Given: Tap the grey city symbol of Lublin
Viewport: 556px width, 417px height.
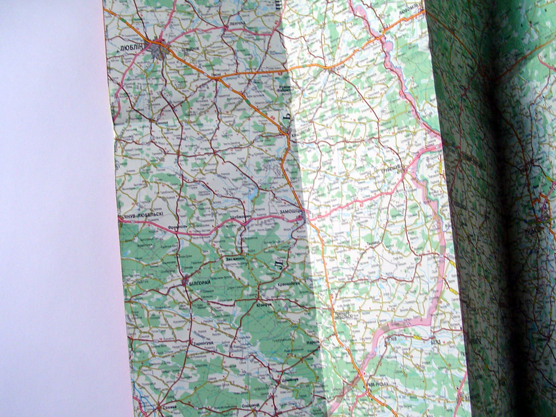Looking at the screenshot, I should point(160,50).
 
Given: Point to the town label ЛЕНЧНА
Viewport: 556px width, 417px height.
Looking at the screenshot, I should point(235,25).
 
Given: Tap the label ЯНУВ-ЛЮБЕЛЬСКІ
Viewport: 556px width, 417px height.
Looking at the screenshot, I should point(144,216).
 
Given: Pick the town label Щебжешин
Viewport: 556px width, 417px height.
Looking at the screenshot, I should point(241,216).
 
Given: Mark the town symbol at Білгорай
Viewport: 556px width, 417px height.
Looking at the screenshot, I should point(186,281).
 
